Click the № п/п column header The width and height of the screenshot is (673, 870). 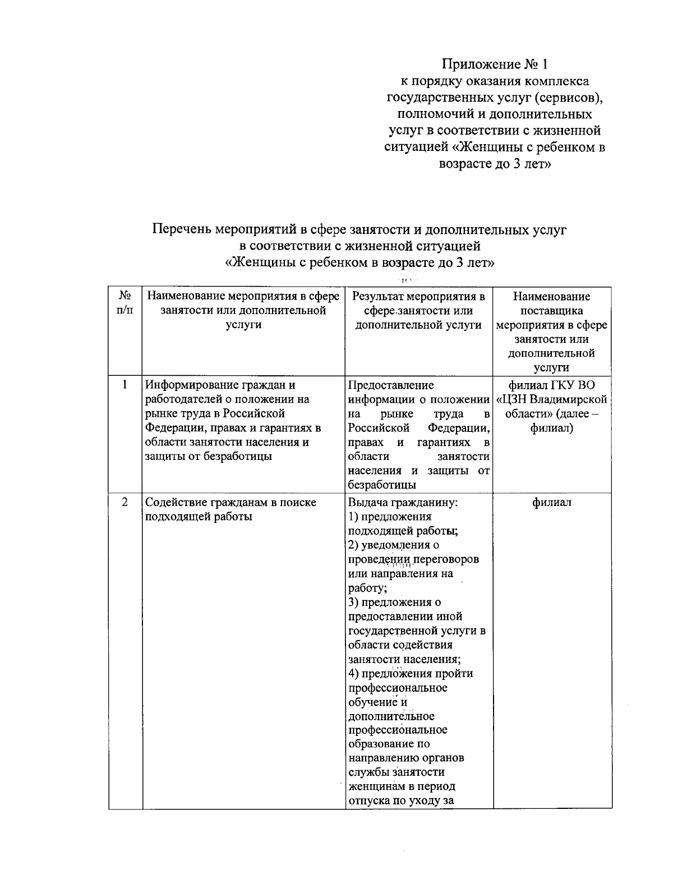[125, 303]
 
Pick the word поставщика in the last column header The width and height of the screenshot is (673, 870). [552, 311]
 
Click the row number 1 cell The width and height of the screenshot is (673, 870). [125, 385]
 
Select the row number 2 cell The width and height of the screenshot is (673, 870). [125, 502]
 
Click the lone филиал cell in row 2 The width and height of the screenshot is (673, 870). [552, 502]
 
